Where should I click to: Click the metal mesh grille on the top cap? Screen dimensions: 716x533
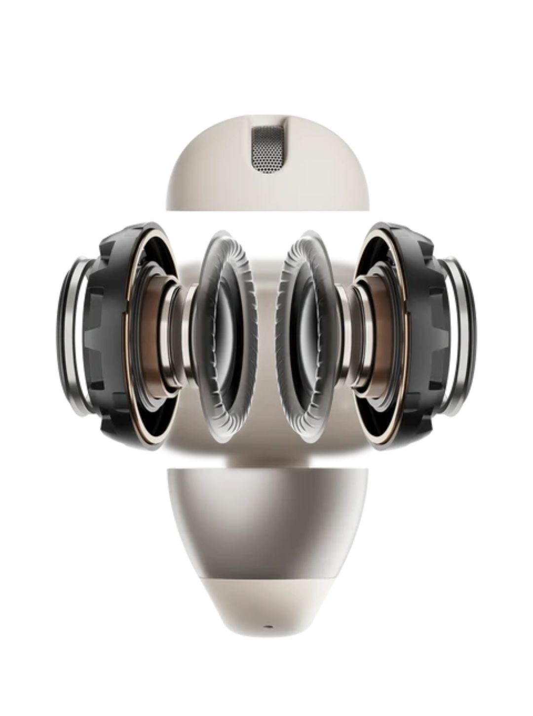tap(267, 150)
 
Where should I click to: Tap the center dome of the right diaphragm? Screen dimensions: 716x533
tap(310, 336)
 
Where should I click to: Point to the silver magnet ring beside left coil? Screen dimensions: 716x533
tap(175, 336)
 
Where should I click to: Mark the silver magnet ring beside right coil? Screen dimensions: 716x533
tap(358, 336)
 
